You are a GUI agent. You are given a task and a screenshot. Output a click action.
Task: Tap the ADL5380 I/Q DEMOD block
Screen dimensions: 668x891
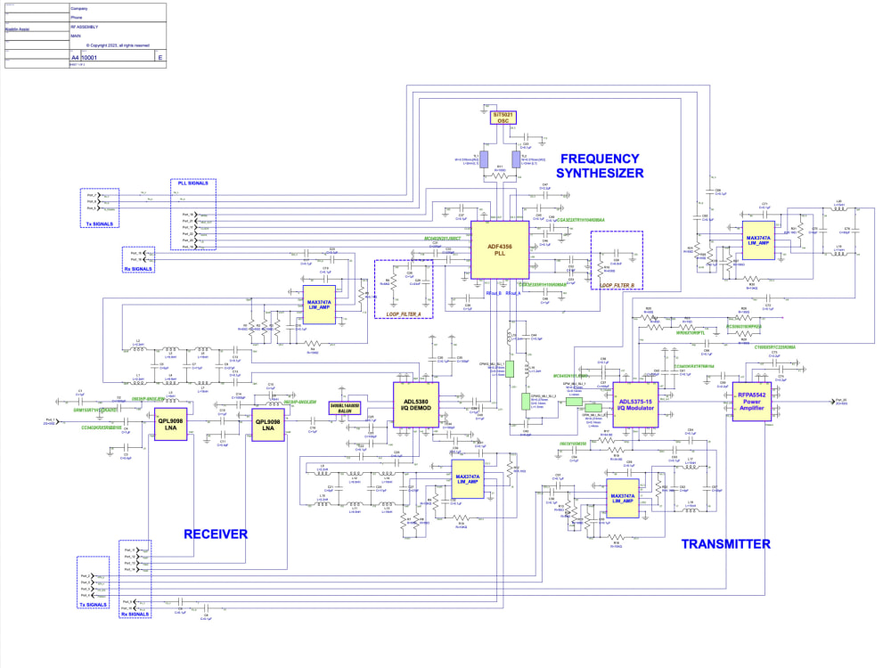pos(416,406)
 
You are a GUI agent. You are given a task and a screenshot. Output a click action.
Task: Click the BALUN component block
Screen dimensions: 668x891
pos(345,408)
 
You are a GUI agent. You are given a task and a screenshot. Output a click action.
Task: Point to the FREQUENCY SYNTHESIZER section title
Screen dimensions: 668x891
pos(601,167)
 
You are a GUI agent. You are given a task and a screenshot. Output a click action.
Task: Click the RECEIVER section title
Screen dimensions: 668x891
pos(215,534)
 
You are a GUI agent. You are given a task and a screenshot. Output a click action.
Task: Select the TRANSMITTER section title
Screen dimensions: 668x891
pos(725,543)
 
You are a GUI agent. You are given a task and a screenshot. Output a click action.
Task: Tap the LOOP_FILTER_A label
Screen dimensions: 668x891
pos(404,314)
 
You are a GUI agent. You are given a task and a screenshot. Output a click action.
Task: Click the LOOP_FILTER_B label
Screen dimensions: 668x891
pos(617,285)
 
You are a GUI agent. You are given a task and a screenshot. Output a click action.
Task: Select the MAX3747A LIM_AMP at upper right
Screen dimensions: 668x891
pos(757,242)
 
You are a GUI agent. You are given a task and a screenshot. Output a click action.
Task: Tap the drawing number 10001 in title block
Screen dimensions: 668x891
pos(89,56)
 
